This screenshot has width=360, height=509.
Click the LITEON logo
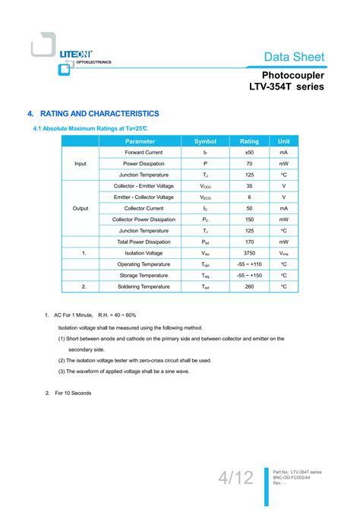[x=75, y=55]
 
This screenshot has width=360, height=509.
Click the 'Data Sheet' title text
[x=295, y=57]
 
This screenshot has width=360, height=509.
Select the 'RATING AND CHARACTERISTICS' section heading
[x=98, y=113]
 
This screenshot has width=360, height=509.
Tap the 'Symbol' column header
[x=205, y=141]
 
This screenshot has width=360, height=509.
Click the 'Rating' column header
[x=249, y=141]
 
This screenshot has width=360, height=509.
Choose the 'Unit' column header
[x=283, y=141]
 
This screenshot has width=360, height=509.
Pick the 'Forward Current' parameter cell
[x=144, y=153]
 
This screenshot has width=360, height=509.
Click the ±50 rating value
[x=249, y=153]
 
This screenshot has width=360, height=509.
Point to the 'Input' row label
[x=81, y=164]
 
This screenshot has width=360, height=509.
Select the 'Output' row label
[x=81, y=208]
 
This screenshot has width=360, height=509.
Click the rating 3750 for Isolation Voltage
[x=249, y=253]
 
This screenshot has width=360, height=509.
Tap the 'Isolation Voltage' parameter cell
[x=144, y=253]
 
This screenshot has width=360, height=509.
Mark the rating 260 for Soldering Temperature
[x=249, y=286]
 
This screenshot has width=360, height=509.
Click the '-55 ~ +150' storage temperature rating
[x=249, y=275]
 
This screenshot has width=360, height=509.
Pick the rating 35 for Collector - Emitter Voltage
[x=249, y=186]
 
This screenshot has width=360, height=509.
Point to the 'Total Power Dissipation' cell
[x=144, y=242]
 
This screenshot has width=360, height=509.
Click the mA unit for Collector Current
[x=283, y=208]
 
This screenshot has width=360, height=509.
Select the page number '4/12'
[x=235, y=478]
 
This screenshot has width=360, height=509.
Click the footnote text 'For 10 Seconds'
[x=73, y=393]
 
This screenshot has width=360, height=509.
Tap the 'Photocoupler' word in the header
[x=293, y=75]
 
